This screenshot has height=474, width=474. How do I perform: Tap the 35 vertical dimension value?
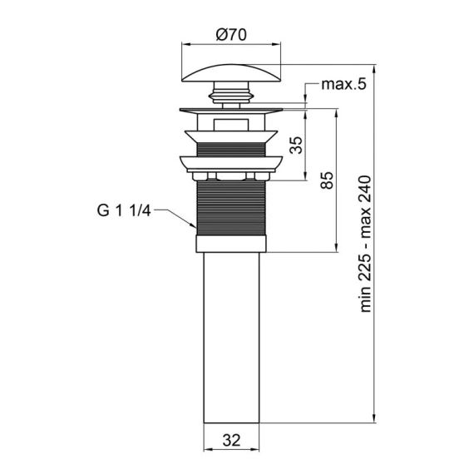click(x=295, y=144)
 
